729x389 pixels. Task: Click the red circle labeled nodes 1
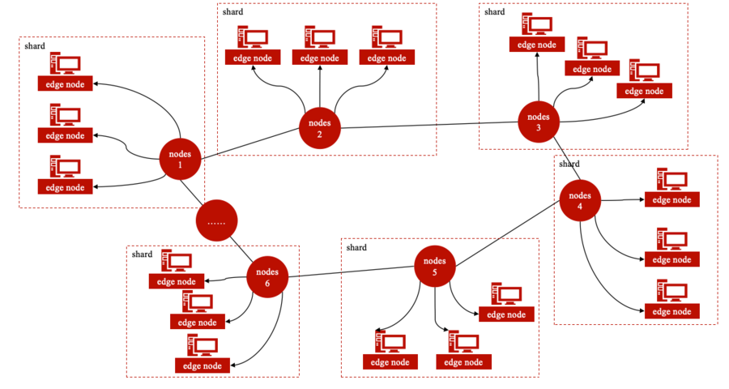pyautogui.click(x=180, y=159)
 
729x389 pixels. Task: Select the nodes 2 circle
pyautogui.click(x=319, y=128)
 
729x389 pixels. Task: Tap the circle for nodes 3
pyautogui.click(x=539, y=122)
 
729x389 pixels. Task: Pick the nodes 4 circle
pyautogui.click(x=580, y=200)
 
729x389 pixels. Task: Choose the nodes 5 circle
pyautogui.click(x=435, y=266)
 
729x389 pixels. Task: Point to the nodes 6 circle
pyautogui.click(x=267, y=277)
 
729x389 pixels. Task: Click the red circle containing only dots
pyautogui.click(x=216, y=220)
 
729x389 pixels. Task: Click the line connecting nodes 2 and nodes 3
pyautogui.click(x=429, y=125)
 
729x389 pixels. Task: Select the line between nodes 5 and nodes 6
pyautogui.click(x=351, y=271)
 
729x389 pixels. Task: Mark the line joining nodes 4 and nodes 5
pyautogui.click(x=507, y=233)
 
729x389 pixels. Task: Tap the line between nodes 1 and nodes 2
pyautogui.click(x=249, y=143)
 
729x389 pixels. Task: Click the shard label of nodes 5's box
pyautogui.click(x=356, y=247)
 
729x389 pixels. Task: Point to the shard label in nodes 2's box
pyautogui.click(x=232, y=11)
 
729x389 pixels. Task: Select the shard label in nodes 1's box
pyautogui.click(x=34, y=45)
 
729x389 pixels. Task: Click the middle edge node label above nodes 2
pyautogui.click(x=319, y=58)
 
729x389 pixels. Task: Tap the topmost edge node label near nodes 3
pyautogui.click(x=536, y=45)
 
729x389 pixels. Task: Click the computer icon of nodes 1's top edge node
pyautogui.click(x=65, y=63)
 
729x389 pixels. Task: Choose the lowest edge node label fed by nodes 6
pyautogui.click(x=202, y=365)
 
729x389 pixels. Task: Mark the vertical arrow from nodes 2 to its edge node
pyautogui.click(x=320, y=87)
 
